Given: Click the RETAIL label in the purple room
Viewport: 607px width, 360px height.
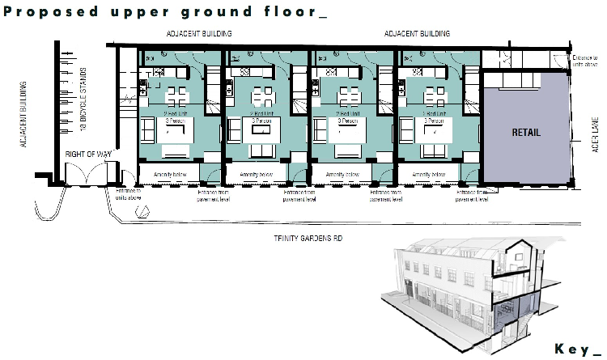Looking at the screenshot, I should click(x=525, y=132).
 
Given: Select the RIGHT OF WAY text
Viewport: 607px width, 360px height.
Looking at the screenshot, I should click(x=88, y=154).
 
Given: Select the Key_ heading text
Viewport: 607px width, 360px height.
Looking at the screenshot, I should click(x=577, y=349).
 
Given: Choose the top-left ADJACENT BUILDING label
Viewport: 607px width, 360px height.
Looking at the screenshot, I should click(x=199, y=34).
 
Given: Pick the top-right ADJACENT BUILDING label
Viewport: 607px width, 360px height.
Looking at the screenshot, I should click(x=418, y=34).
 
